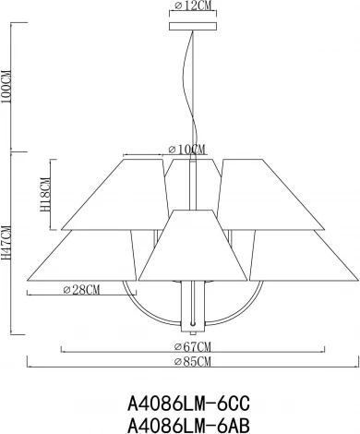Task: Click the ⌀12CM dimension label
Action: [192, 6]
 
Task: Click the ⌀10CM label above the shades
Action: [187, 150]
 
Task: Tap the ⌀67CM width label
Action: [193, 345]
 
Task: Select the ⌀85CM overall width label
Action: [193, 360]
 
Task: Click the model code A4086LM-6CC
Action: [187, 403]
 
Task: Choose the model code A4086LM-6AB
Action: [187, 424]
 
